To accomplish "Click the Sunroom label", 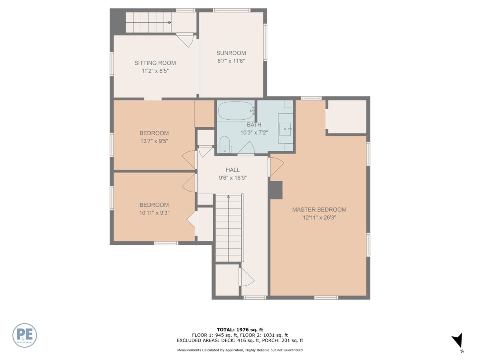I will tap(231, 53).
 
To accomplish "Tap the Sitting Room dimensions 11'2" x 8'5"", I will tap(155, 71).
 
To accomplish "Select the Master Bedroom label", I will tap(319, 210).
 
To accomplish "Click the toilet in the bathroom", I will tap(225, 144).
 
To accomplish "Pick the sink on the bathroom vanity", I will tap(286, 129).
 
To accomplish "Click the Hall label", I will tap(232, 170).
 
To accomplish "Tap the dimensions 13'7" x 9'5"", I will tap(154, 141).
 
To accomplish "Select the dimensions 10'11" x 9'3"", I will tap(154, 213).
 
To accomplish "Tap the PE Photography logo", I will tap(25, 335).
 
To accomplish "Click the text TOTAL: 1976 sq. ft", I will tap(240, 330).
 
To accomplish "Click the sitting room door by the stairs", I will tap(186, 40).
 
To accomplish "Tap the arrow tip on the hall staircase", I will tap(228, 196).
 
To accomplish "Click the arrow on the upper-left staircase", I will tap(170, 22).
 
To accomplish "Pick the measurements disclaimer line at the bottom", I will tap(240, 350).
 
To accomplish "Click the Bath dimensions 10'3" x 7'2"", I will tap(254, 132).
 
